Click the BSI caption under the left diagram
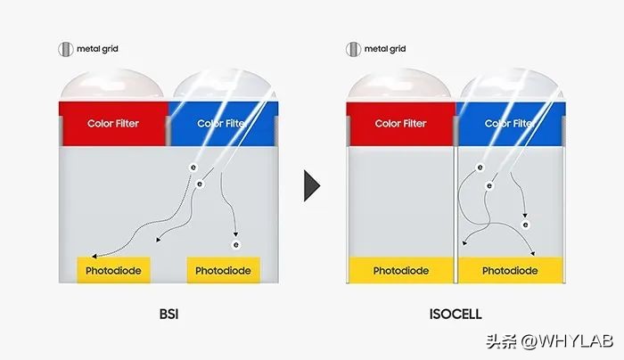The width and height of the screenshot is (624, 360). [168, 315]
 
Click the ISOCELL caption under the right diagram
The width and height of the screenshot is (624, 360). [456, 315]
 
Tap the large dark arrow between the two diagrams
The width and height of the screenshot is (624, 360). [312, 185]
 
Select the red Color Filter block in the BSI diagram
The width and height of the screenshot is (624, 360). [113, 124]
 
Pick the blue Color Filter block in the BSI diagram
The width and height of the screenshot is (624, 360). [223, 124]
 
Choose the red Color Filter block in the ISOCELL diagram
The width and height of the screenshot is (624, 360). [401, 124]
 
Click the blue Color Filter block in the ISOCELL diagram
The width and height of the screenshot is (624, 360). [511, 124]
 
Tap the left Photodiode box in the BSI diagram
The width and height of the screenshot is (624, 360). [113, 270]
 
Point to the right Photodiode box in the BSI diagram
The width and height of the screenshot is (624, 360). [223, 270]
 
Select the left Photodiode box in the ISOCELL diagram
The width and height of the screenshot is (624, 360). [401, 270]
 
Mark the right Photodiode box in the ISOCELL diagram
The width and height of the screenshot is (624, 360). [511, 270]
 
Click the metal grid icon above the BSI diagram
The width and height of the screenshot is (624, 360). [66, 49]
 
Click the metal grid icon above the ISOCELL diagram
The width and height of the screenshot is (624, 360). [353, 49]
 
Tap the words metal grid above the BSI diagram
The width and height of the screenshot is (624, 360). [97, 49]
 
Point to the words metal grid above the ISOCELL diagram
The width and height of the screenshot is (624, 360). [385, 49]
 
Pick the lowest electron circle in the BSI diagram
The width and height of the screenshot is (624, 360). [236, 245]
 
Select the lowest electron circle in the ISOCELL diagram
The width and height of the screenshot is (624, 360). [526, 225]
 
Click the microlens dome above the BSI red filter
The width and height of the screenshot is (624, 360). [111, 86]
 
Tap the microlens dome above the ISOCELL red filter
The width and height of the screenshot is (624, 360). [399, 86]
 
